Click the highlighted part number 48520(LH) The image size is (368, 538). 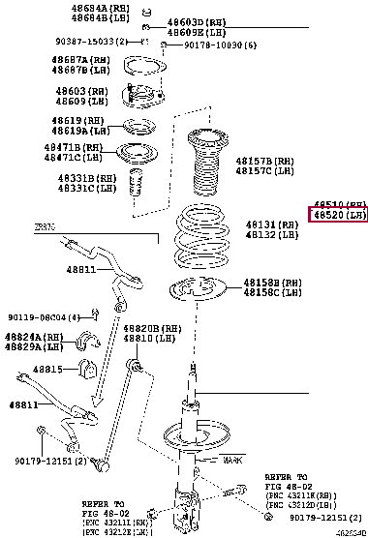pos(338,218)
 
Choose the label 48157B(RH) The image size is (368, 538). pos(270,161)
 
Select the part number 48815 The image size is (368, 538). pos(48,369)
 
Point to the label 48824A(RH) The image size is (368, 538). pos(31,336)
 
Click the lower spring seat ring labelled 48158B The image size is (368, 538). pos(198,288)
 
